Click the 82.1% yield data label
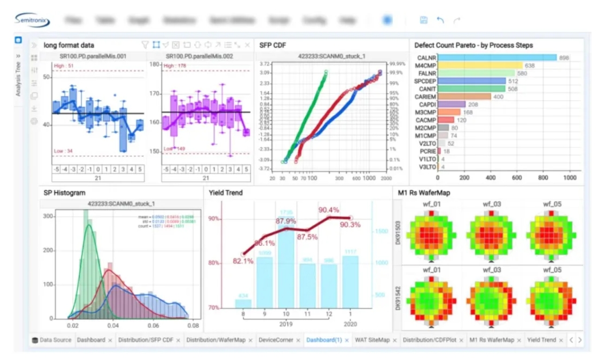point(243,261)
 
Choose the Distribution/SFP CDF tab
point(146,340)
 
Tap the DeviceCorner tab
point(276,340)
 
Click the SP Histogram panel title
point(64,193)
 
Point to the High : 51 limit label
point(64,66)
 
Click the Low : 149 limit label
point(174,149)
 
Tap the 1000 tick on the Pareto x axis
point(569,178)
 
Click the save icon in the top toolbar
point(424,20)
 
